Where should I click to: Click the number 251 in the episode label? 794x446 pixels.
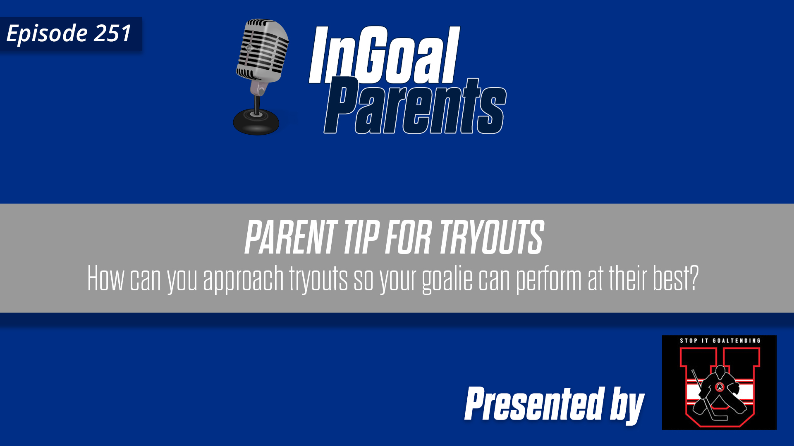tap(112, 33)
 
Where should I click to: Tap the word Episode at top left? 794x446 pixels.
tap(47, 34)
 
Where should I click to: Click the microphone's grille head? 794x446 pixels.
tap(263, 50)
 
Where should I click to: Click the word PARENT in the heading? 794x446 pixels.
tap(291, 237)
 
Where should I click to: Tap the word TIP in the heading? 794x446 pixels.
tap(361, 237)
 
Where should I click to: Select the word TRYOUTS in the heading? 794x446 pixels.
tap(491, 237)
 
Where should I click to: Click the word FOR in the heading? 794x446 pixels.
tap(409, 237)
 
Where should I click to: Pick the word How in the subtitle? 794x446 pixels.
tap(105, 279)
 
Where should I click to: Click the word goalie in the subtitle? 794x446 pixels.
tap(447, 279)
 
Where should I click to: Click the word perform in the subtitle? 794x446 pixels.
tap(549, 279)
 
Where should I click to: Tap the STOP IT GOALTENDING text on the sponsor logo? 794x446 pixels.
tap(720, 341)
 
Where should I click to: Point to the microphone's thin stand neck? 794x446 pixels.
tap(257, 103)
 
